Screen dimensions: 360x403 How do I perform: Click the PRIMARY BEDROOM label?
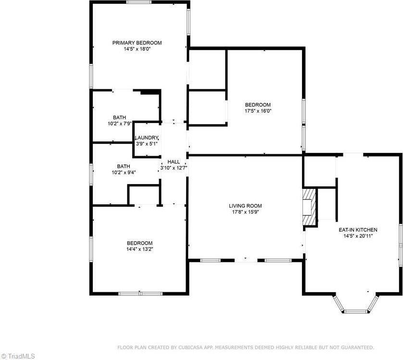(x=137, y=43)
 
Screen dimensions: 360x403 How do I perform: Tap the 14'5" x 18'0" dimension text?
(x=137, y=49)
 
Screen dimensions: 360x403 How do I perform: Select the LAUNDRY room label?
(x=146, y=138)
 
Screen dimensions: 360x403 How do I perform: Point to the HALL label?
(x=174, y=161)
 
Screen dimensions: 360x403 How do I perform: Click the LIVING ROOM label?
(x=245, y=206)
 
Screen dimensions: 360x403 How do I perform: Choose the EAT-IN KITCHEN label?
(x=360, y=230)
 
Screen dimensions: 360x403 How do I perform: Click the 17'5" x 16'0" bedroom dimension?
(x=258, y=111)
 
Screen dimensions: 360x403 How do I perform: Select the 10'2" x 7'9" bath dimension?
(x=120, y=124)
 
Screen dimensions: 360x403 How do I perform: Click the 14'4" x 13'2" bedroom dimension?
(x=139, y=249)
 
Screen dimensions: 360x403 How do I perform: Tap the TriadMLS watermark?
(x=18, y=356)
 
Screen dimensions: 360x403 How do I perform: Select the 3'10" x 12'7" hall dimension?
(x=174, y=167)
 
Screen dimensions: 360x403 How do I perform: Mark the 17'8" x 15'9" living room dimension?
(x=245, y=211)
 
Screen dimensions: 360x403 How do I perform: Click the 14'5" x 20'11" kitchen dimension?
(x=358, y=236)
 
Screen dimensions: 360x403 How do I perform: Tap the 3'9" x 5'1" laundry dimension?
(x=146, y=143)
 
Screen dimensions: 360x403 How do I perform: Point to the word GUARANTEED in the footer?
(x=356, y=347)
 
